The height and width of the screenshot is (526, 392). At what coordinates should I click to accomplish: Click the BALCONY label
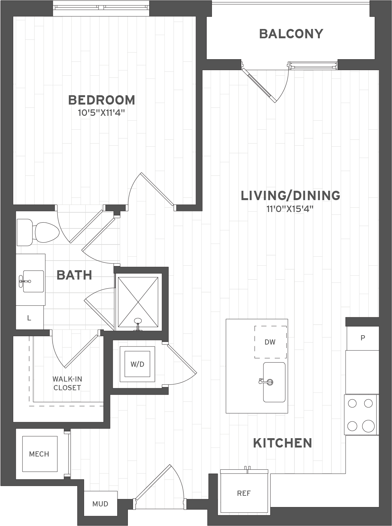click(x=291, y=34)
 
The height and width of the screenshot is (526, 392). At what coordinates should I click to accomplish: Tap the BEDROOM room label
click(x=101, y=100)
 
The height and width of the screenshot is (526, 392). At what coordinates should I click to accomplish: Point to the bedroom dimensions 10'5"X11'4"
click(x=101, y=113)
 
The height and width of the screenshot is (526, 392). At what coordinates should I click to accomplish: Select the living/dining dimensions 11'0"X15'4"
click(x=290, y=209)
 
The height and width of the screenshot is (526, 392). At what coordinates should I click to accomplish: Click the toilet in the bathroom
click(x=38, y=232)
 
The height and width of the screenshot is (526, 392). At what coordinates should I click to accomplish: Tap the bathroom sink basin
click(x=33, y=281)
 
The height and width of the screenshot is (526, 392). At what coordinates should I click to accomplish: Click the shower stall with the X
click(x=138, y=302)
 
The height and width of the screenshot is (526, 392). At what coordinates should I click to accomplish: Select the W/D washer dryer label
click(x=137, y=364)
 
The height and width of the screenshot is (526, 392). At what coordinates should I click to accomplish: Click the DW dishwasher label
click(x=270, y=342)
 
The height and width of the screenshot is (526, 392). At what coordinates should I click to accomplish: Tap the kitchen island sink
click(x=274, y=382)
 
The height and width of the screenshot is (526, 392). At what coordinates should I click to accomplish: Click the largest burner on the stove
click(x=368, y=426)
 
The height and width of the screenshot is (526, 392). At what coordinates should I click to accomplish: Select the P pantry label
click(x=363, y=338)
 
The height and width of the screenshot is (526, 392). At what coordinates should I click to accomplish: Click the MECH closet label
click(x=39, y=454)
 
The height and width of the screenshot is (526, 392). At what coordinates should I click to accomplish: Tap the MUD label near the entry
click(x=100, y=504)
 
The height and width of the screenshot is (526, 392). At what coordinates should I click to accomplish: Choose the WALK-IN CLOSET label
click(x=67, y=383)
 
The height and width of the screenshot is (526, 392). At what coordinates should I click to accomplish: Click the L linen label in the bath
click(x=29, y=318)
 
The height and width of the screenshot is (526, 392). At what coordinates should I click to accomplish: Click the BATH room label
click(x=74, y=275)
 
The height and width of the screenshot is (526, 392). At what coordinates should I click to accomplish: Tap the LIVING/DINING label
click(x=291, y=196)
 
